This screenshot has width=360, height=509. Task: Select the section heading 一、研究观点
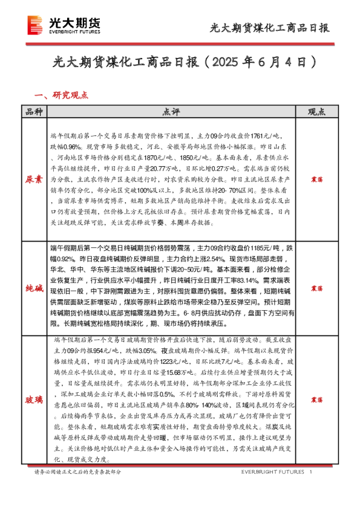tap(62, 95)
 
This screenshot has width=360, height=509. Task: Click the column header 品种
tap(33, 112)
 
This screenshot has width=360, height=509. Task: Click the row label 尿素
tap(33, 180)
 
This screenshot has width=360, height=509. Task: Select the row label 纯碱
tap(33, 289)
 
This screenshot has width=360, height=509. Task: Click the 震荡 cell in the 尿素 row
tap(316, 180)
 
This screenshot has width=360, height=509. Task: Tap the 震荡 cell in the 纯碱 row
tap(316, 289)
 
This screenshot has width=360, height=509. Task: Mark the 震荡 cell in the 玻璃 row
tap(316, 400)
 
